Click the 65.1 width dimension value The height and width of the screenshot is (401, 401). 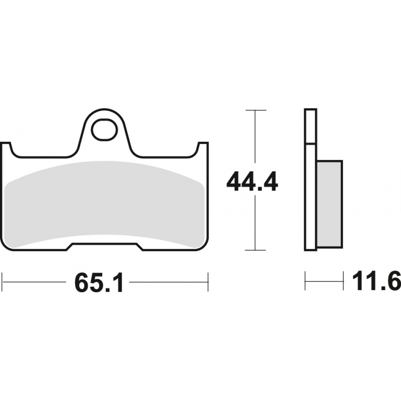99,282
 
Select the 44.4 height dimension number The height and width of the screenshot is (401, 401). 252,182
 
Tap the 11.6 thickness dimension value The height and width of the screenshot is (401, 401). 376,281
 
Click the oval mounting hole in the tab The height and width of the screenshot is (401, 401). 105,130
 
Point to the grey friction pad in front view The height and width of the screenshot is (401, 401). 104,204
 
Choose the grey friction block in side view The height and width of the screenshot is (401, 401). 329,204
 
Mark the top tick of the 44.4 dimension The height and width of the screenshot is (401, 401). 256,110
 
